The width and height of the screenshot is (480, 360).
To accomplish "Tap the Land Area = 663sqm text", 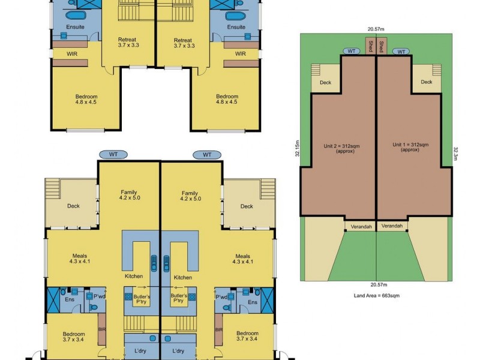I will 376,296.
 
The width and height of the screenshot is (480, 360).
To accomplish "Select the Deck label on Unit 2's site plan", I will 325,83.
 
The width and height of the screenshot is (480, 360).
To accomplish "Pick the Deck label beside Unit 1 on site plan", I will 427,83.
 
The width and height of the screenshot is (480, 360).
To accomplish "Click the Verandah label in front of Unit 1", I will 392,226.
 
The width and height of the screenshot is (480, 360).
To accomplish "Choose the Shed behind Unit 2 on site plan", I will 371,46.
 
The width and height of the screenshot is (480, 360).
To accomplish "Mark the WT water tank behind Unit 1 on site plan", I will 400,52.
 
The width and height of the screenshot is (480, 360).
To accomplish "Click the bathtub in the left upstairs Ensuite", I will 76,16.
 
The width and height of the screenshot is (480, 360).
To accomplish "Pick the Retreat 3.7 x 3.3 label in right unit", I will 182,42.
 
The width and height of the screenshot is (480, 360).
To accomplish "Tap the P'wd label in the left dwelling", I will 96,296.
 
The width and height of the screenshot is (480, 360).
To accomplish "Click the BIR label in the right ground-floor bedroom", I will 219,331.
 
